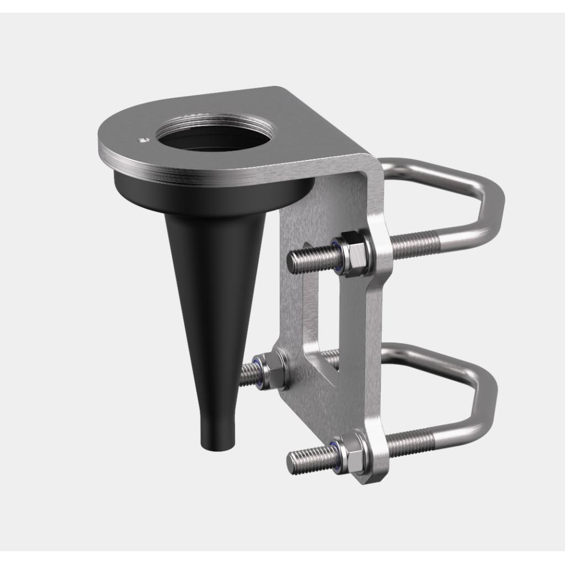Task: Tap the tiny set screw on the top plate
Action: (x=143, y=140)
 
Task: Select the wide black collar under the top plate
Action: (x=210, y=196)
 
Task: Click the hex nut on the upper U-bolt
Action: (x=353, y=253)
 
